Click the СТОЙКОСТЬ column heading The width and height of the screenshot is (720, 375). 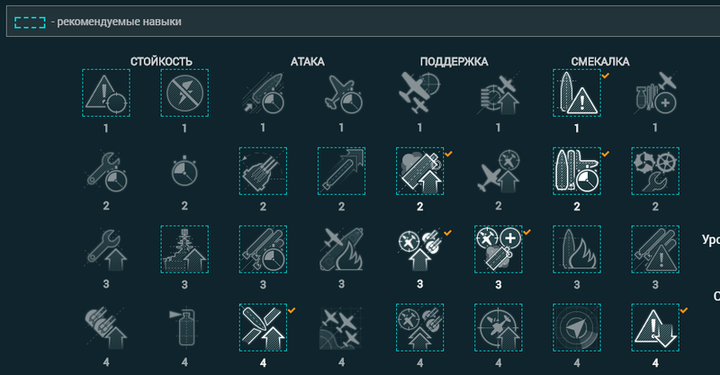click(x=161, y=61)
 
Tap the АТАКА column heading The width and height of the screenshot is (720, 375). click(x=307, y=61)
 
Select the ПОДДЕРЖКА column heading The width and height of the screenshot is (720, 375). click(x=454, y=61)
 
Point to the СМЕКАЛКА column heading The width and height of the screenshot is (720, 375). click(x=600, y=61)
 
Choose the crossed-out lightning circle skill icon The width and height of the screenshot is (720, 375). click(x=184, y=93)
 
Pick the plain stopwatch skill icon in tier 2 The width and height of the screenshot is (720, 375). click(x=184, y=170)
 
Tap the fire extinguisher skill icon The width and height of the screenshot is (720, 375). click(x=184, y=326)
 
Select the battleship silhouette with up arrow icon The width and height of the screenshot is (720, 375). click(x=184, y=248)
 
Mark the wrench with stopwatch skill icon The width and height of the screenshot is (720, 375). click(x=106, y=170)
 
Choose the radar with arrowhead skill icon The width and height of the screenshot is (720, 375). click(x=577, y=326)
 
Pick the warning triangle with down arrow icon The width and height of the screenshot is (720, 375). click(x=655, y=326)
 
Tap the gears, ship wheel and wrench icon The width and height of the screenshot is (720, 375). click(x=655, y=170)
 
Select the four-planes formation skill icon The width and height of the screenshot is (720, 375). click(x=341, y=326)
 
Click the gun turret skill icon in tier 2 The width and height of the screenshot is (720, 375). click(x=263, y=170)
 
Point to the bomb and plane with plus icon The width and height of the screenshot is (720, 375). click(x=655, y=93)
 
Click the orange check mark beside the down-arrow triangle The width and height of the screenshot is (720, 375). click(x=683, y=309)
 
